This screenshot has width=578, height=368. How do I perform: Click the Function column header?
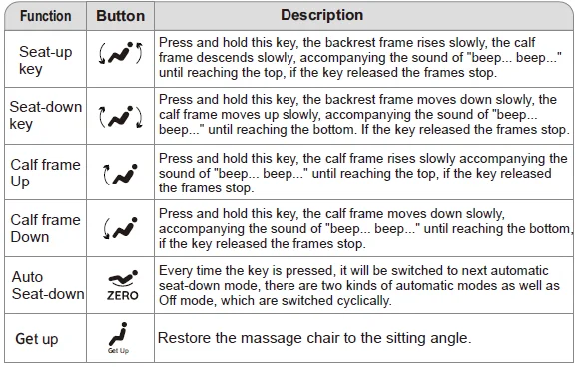pos(45,17)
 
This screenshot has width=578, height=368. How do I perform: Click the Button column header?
pos(120,17)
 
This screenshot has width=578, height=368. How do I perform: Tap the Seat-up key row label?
pos(44,59)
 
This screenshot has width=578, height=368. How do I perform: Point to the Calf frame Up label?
pos(44,173)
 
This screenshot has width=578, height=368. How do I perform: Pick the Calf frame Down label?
pos(44,228)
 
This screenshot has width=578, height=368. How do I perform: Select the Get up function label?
pos(37,339)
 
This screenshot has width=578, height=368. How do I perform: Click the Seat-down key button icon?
pos(121,116)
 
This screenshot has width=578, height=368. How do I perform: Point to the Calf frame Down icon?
pos(121,228)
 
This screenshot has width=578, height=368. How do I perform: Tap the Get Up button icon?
pos(121,338)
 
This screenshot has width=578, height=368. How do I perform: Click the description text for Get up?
pos(313,339)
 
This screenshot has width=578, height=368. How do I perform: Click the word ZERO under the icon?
pos(121,295)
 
